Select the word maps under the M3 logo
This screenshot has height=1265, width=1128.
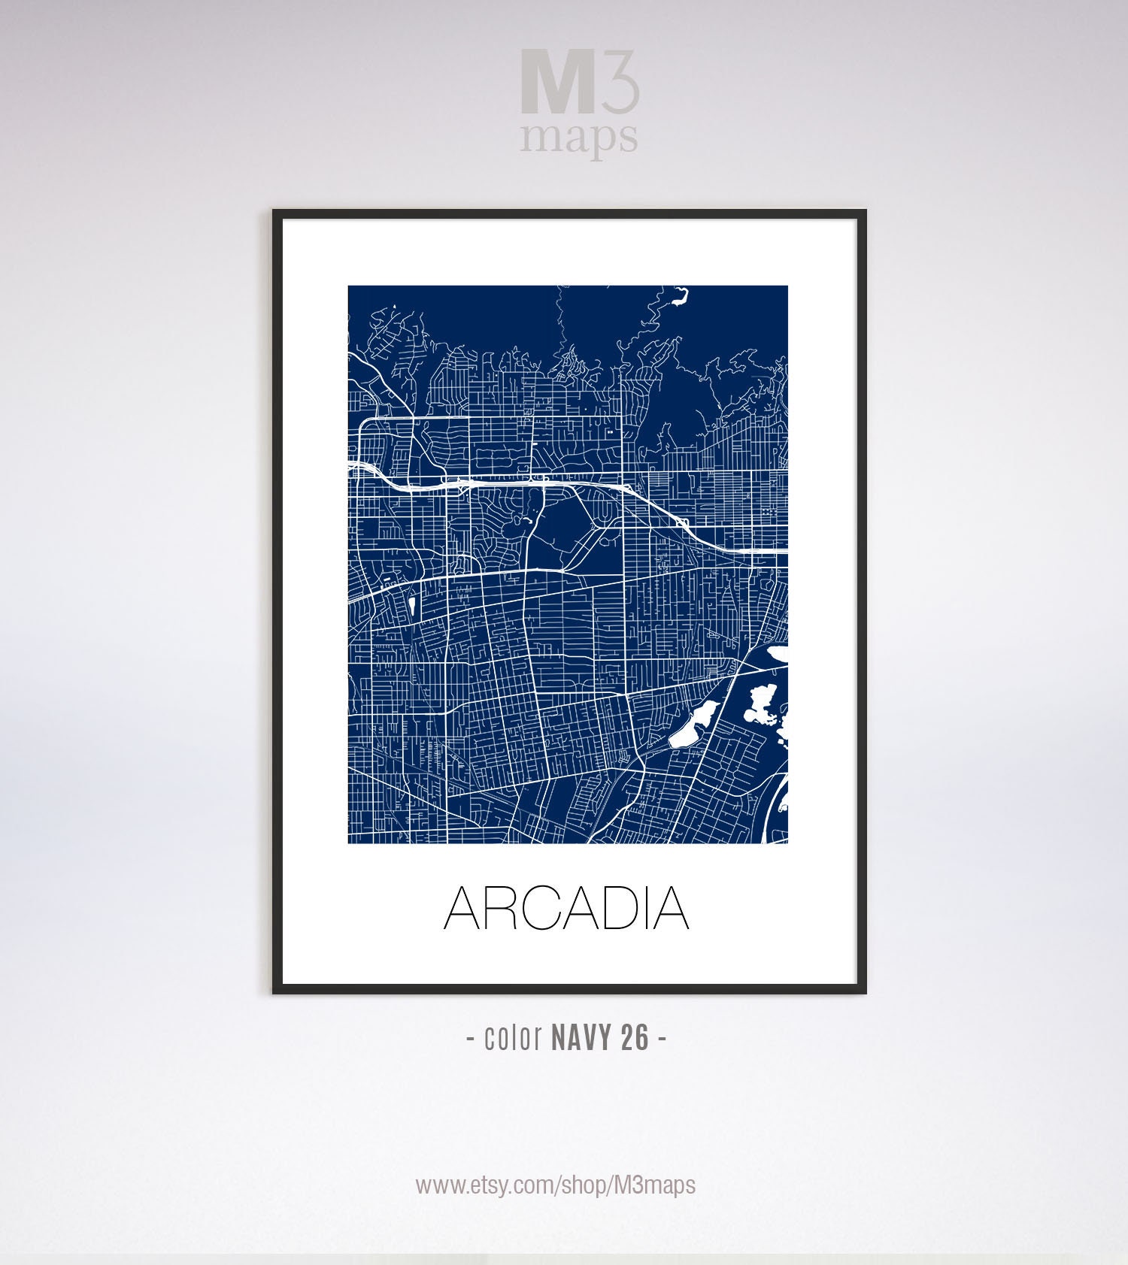click(579, 138)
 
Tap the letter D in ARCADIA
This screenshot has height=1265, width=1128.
click(629, 908)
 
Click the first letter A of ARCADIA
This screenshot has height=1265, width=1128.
click(462, 908)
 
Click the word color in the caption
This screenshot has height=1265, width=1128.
click(514, 1038)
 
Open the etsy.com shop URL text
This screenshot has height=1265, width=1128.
click(556, 1185)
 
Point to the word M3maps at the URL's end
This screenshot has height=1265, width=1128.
click(655, 1185)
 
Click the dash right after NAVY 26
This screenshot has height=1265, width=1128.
click(662, 1039)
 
